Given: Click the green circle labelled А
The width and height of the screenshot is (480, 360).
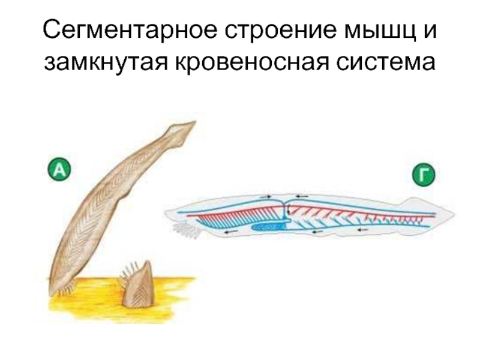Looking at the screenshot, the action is tap(59, 170).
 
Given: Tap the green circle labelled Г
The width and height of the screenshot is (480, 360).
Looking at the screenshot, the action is tap(423, 176).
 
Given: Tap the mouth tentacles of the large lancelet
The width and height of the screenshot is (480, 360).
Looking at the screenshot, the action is tap(65, 289).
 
